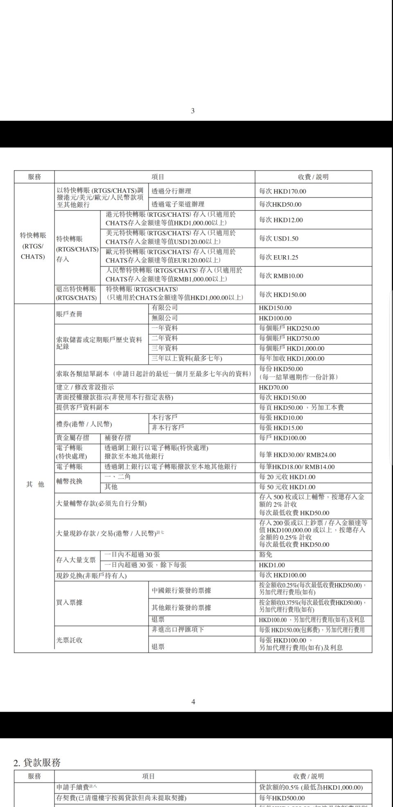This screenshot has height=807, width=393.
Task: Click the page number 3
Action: click(x=193, y=111)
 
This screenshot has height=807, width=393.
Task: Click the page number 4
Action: click(x=193, y=702)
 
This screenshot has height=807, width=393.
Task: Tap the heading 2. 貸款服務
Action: click(x=37, y=762)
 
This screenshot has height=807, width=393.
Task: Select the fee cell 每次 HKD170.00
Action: click(x=282, y=191)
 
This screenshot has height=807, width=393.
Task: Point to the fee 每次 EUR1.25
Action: click(x=279, y=257)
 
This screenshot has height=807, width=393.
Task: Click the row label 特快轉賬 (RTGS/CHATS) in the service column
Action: click(x=33, y=246)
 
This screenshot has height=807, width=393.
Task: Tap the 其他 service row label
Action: click(x=35, y=484)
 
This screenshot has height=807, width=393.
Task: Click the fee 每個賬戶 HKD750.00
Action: click(x=289, y=338)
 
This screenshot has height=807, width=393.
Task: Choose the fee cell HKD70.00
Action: click(x=273, y=387)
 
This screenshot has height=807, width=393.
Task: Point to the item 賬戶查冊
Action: click(x=69, y=314)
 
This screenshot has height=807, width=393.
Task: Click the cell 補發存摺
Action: click(x=117, y=438)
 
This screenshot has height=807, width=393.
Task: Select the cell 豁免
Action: click(x=266, y=555)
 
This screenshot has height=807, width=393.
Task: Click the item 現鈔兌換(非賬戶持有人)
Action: click(x=91, y=575)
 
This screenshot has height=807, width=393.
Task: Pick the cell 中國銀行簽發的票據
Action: click(x=181, y=591)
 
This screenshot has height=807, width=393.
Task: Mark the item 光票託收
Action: click(x=69, y=640)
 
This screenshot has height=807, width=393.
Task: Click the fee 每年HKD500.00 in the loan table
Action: click(x=282, y=798)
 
